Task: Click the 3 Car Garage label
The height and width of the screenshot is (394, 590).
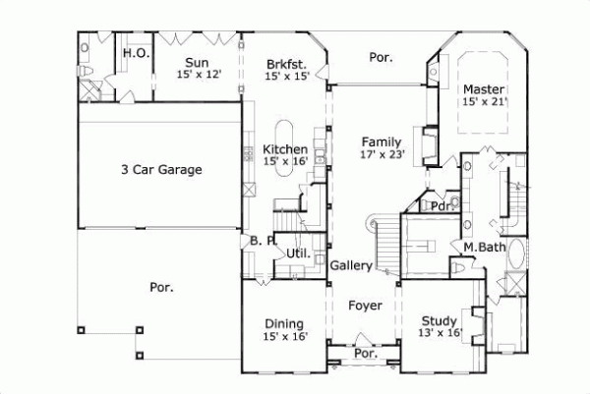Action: tap(161, 169)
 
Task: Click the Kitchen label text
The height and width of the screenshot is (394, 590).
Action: tap(284, 149)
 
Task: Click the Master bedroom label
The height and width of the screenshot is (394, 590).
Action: tap(484, 88)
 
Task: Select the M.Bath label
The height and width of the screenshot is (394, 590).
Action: tap(484, 247)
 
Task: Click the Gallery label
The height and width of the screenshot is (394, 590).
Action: tap(350, 266)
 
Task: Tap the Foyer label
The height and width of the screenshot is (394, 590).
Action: tap(365, 305)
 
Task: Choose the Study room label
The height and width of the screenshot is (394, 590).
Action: tap(440, 321)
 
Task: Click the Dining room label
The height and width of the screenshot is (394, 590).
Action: tap(284, 323)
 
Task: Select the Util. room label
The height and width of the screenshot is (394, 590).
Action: tap(298, 253)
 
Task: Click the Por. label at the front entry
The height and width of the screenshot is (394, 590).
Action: tap(365, 353)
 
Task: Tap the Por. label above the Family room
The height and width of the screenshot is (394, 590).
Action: tap(381, 57)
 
